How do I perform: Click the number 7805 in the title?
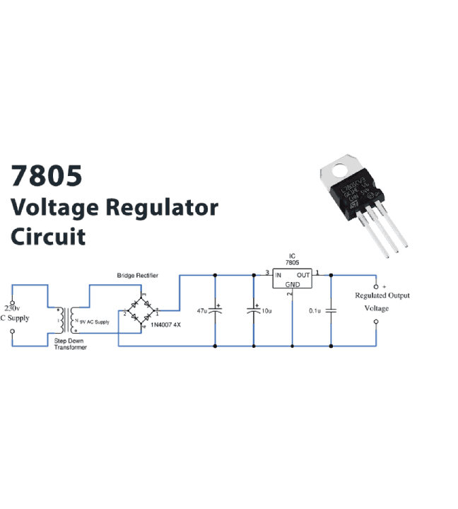(x=46, y=176)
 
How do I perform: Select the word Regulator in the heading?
(x=162, y=208)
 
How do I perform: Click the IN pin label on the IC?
(x=278, y=274)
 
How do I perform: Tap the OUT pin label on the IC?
(x=303, y=274)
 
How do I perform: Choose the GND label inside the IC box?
(x=292, y=284)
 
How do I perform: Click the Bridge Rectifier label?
(x=137, y=275)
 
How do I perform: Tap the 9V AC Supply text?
(x=94, y=322)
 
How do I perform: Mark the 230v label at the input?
(x=12, y=309)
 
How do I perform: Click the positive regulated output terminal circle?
(x=376, y=286)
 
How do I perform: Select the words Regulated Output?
(x=382, y=296)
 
